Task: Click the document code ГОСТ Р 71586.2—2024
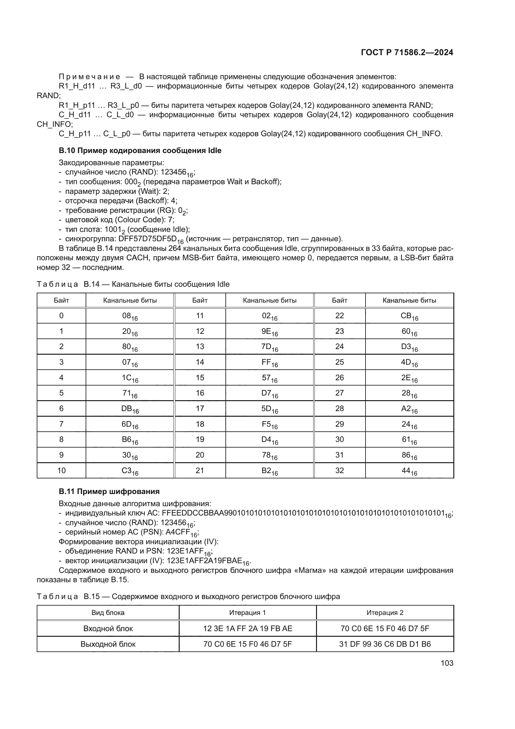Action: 407,53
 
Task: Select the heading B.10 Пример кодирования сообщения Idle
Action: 140,151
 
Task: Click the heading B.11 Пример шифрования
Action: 109,492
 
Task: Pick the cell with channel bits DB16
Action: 130,409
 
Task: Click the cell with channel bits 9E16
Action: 270,332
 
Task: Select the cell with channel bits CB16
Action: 409,316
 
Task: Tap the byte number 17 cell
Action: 200,409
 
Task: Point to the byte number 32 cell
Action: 339,471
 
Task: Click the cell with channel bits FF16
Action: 270,362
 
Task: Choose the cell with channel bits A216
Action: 409,409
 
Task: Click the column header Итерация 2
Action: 385,613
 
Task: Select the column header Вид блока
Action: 108,613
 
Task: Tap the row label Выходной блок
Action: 108,644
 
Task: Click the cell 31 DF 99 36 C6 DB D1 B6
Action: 385,644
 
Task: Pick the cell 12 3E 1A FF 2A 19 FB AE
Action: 248,629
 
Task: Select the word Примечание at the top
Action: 89,77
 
